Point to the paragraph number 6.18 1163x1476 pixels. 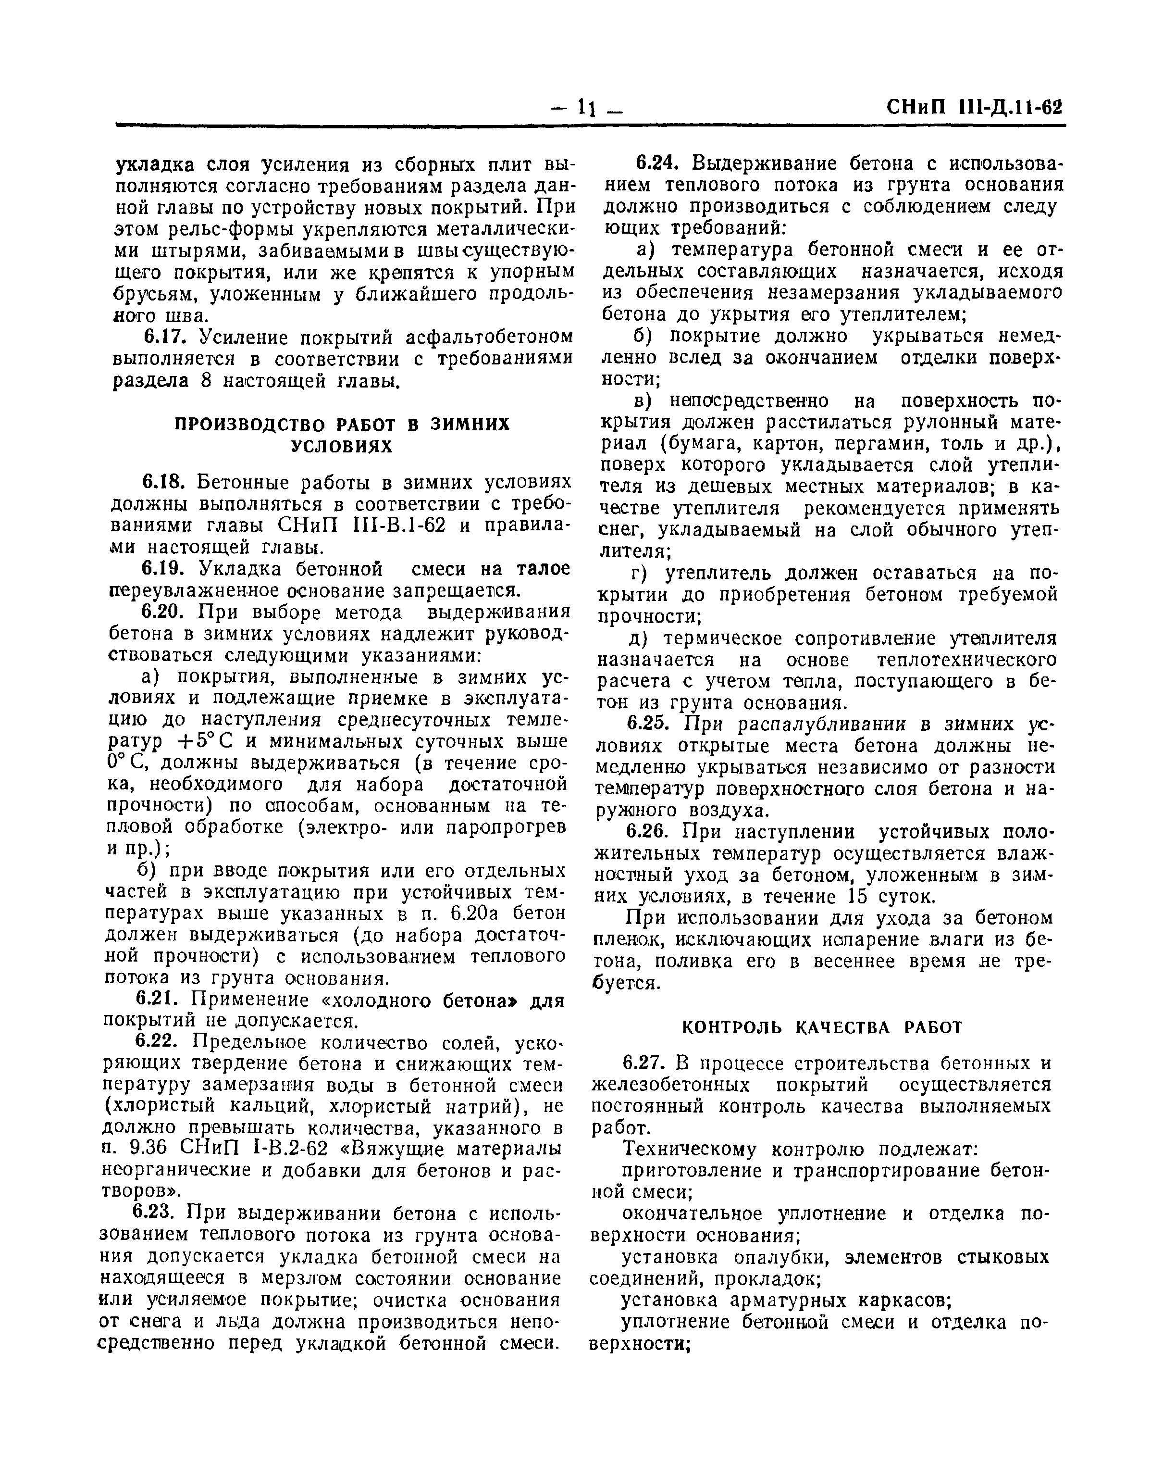[164, 482]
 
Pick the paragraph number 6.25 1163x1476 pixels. [650, 724]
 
